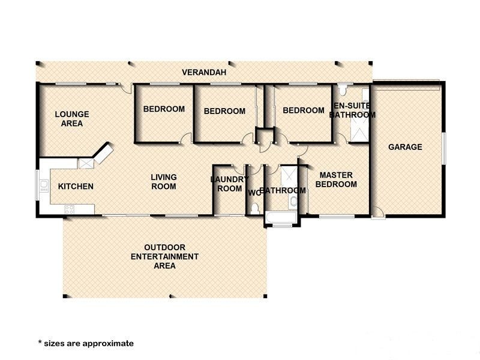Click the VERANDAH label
[x=204, y=72]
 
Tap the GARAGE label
[x=405, y=147]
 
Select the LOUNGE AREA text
[x=72, y=119]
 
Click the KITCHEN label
[x=76, y=186]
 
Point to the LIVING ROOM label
[x=164, y=182]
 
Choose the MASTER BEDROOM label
[x=336, y=179]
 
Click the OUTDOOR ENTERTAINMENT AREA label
[x=164, y=257]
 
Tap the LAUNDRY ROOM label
[x=230, y=184]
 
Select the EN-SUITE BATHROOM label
[x=352, y=110]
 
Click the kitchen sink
[x=44, y=185]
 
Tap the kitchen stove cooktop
[x=70, y=209]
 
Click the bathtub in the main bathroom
[x=281, y=217]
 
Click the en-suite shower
[x=359, y=130]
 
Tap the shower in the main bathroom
[x=289, y=176]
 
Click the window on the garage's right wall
[x=444, y=148]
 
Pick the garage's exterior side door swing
[x=379, y=212]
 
